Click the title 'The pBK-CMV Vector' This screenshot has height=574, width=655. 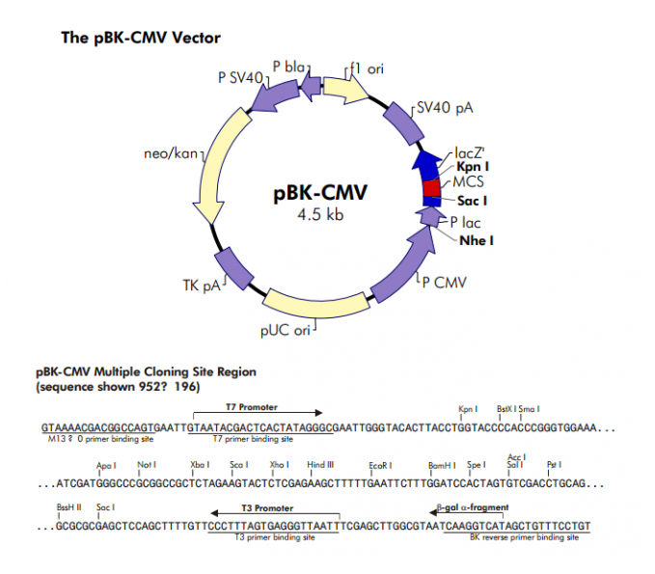click(142, 39)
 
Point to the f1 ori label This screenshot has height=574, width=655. click(367, 68)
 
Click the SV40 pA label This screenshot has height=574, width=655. click(445, 106)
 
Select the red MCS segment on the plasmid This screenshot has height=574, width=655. click(431, 185)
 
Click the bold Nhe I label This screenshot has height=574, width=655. click(477, 240)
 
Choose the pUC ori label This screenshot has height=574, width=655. click(286, 330)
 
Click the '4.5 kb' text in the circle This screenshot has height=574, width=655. click(320, 214)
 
